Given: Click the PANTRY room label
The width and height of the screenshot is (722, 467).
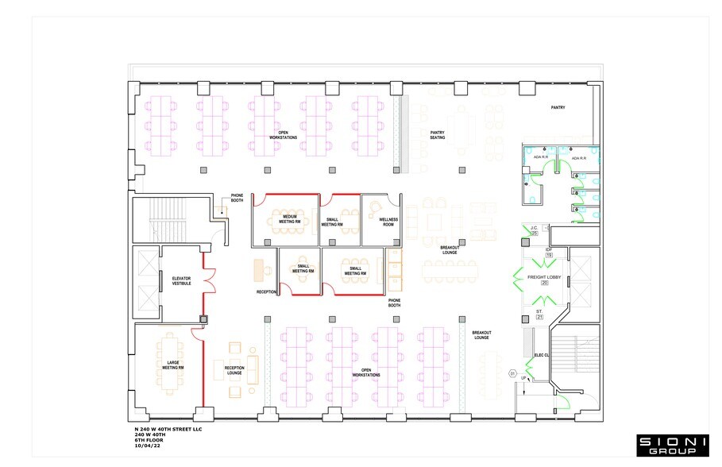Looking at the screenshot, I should coord(558,107).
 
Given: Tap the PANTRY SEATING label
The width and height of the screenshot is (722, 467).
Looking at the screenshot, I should coord(438,135).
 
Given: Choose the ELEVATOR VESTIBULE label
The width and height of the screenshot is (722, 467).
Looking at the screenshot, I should coord(182,280).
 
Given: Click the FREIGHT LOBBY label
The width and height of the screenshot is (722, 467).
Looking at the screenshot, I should coord(544,276).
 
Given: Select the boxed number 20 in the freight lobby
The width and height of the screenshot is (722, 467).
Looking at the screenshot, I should coord(544,284).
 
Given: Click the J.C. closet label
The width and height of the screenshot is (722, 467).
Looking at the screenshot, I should coord(535,229).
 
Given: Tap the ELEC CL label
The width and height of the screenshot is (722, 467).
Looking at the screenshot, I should coord(542,355).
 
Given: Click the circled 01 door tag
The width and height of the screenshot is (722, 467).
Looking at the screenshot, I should coord(513,372).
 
